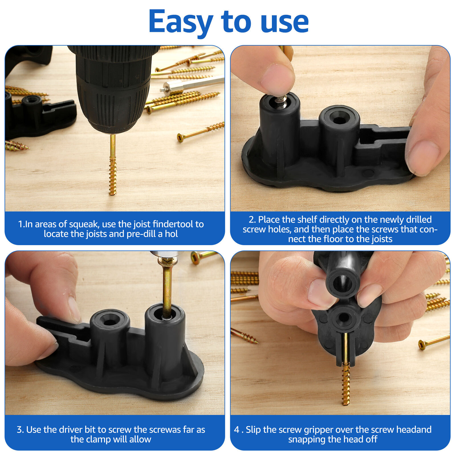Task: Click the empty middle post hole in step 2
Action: [x=339, y=119]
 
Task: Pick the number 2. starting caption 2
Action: [x=252, y=220]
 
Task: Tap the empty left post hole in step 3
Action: [x=109, y=322]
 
